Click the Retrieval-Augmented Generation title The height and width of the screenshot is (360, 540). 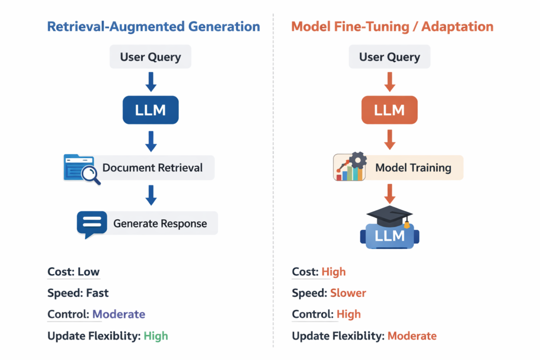coord(153,27)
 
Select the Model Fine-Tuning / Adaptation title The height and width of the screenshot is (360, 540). coord(392,27)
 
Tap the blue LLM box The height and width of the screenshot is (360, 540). coord(150,110)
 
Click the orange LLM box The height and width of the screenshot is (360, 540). coord(389,110)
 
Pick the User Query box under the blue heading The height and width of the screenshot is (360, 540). coord(150,57)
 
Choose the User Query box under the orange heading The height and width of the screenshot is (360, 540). coord(389,57)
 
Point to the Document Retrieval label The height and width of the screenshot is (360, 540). coord(152,168)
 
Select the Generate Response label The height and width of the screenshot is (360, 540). coord(160,223)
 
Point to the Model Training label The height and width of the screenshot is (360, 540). coord(413,168)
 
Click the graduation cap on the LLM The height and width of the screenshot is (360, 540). coord(389,215)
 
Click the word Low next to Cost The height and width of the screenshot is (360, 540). coord(89,272)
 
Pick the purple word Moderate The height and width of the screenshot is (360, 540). coord(119,314)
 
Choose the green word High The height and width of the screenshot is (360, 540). coord(156,336)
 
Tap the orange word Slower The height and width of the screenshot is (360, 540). coord(348,293)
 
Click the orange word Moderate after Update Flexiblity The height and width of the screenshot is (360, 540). coord(412,336)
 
